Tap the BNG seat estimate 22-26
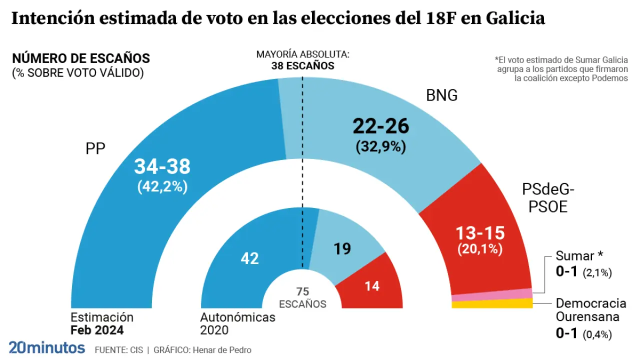381,126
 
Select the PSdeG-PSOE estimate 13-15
480,232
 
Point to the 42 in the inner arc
249,258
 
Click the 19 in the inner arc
342,248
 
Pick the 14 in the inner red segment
372,286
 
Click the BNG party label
441,95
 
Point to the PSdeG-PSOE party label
548,198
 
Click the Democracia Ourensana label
590,310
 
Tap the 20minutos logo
46,347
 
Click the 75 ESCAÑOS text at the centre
302,298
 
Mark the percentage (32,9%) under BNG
381,147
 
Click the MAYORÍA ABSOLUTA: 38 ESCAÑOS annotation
302,60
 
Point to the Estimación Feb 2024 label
101,323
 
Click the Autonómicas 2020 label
237,323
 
